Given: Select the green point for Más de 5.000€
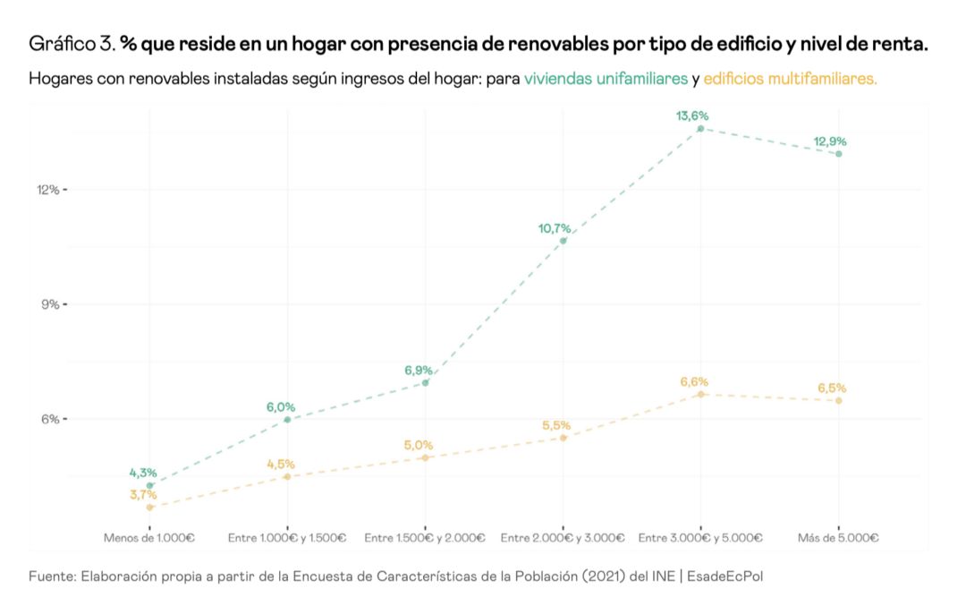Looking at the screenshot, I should tap(839, 154).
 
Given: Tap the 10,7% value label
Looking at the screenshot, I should tap(555, 228).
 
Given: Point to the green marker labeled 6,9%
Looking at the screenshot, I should tap(426, 383).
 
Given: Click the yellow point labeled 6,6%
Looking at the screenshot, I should tap(701, 394).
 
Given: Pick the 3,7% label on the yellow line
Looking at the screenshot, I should tap(142, 494).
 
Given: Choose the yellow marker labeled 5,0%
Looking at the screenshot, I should tap(426, 457).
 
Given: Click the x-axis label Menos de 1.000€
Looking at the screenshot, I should tap(149, 538).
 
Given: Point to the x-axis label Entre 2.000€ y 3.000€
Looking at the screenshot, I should tap(563, 538).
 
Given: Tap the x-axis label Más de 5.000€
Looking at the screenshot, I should tap(839, 538).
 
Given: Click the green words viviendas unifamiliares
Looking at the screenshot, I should tap(606, 79).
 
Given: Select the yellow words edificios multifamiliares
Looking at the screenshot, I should tap(790, 79).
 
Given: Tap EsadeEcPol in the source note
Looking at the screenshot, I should tap(725, 576).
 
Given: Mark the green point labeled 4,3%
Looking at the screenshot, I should tap(150, 485).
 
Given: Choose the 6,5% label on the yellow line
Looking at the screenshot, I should tap(832, 388).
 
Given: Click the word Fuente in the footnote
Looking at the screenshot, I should tap(50, 576).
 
